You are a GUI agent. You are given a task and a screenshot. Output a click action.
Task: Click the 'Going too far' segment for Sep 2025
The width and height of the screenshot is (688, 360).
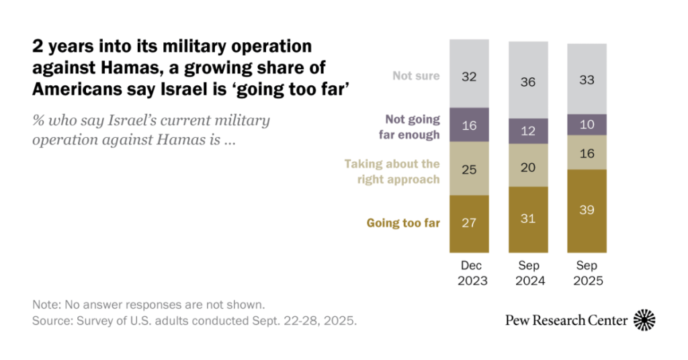point(587,210)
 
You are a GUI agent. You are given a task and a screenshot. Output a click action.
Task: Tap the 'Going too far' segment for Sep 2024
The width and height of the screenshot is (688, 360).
point(527,219)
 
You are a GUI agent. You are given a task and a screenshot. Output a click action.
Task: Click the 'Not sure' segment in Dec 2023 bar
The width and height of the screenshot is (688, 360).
point(469,75)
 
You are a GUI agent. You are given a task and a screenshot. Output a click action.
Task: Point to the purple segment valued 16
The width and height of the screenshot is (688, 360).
point(469,126)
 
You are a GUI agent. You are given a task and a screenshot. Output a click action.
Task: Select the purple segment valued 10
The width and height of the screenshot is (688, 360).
point(587,124)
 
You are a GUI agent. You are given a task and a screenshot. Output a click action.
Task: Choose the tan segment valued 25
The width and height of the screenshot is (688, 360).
point(469,169)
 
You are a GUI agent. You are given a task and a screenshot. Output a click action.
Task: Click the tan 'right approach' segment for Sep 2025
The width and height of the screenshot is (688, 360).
point(587,152)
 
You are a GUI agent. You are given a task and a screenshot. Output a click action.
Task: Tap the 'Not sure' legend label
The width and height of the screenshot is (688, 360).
point(416,75)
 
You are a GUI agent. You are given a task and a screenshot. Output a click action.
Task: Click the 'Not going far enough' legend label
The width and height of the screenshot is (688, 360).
point(411,126)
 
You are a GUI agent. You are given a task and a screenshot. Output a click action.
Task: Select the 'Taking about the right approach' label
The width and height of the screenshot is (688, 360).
point(392,171)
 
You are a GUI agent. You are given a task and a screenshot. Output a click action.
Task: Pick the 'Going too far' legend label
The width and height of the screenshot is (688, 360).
point(403,223)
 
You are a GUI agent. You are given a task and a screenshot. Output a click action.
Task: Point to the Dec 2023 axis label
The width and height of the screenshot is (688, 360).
point(469,272)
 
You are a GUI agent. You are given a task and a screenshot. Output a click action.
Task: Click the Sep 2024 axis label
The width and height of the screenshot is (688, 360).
point(527,272)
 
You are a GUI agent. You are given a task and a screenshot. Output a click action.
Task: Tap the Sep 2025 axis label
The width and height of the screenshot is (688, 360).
point(587,272)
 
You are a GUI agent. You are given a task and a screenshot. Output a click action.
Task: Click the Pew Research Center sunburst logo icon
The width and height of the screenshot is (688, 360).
point(644,320)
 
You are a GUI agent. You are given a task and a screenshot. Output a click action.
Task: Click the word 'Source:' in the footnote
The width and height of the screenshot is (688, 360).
point(51,321)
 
